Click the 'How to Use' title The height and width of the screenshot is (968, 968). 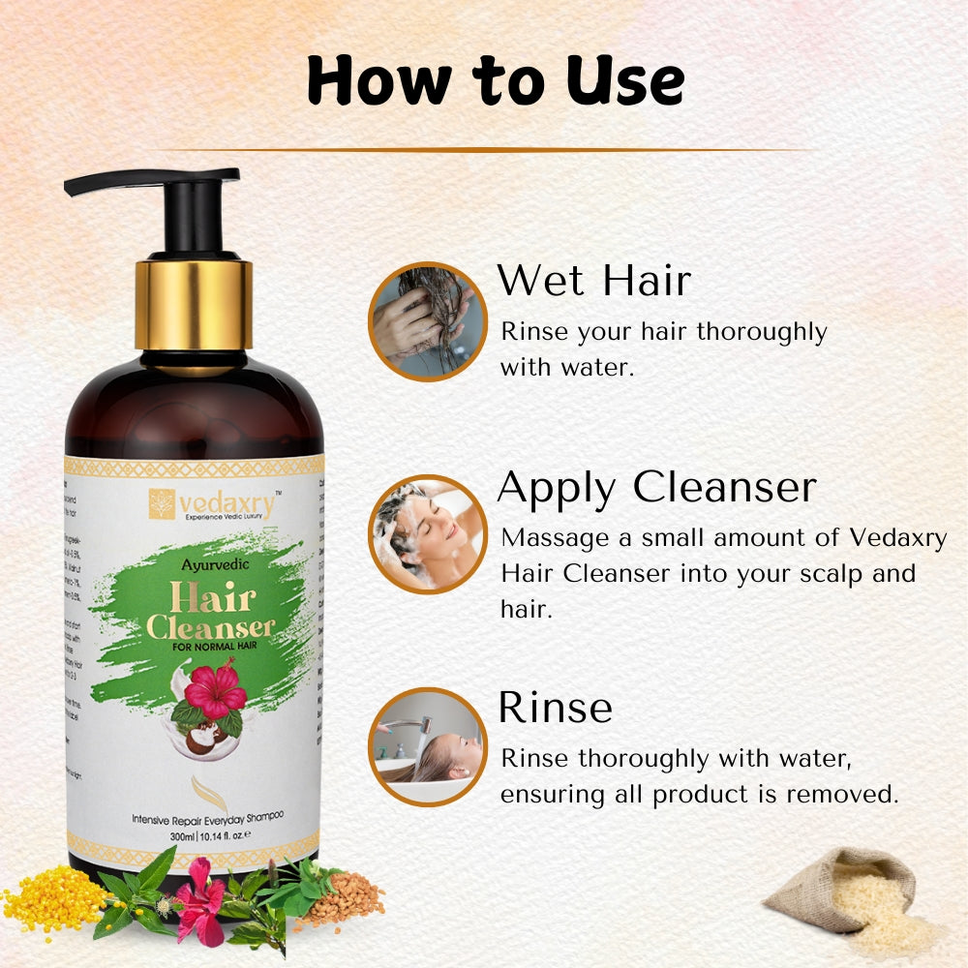pyautogui.click(x=495, y=81)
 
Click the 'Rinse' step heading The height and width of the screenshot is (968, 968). pyautogui.click(x=555, y=708)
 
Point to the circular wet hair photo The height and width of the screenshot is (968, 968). pyautogui.click(x=427, y=321)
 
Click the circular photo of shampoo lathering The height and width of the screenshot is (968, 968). pyautogui.click(x=427, y=533)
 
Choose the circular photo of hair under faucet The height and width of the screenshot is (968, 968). pyautogui.click(x=427, y=746)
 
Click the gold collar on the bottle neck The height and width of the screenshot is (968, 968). pyautogui.click(x=194, y=304)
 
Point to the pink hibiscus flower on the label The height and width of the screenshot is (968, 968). pyautogui.click(x=215, y=688)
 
